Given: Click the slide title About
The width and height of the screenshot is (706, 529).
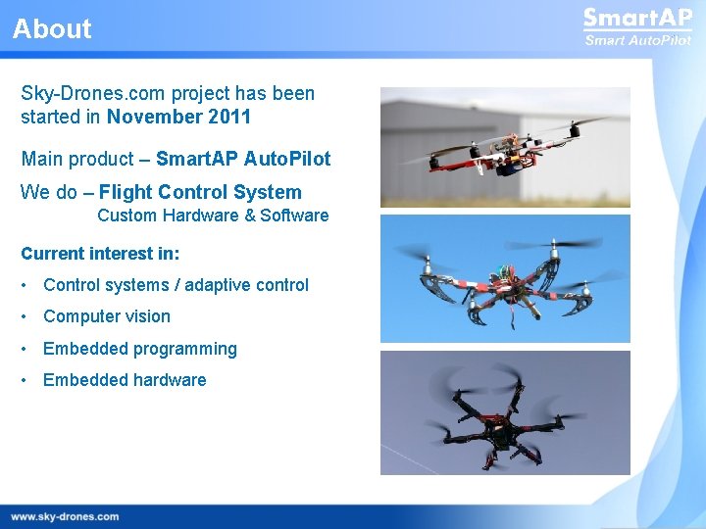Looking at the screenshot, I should coord(52,29).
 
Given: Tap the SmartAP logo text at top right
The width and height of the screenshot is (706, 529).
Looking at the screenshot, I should coord(637,19).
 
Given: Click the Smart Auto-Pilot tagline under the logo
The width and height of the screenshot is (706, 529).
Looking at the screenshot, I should coord(637,40).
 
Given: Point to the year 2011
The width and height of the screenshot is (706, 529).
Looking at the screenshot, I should coord(228,118).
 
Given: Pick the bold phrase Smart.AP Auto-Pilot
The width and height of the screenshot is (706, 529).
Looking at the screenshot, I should coord(243,159).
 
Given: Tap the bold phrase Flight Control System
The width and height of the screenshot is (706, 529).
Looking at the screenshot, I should coord(200,192).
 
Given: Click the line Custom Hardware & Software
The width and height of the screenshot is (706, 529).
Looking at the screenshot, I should coord(213,216).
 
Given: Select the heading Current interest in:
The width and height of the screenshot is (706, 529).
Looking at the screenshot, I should coord(100,254).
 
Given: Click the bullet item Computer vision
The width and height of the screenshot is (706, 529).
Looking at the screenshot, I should coord(107,316).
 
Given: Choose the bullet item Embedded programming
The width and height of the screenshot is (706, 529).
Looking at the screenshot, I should coord(140,349).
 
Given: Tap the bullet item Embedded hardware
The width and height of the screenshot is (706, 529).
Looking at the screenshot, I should coord(125,380).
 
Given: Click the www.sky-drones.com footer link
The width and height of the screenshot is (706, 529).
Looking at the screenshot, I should coord(65,516).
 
